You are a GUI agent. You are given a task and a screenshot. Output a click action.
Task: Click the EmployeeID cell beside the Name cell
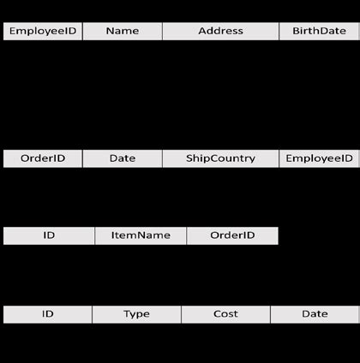pos(43,31)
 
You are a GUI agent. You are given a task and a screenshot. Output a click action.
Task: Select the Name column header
pos(123,31)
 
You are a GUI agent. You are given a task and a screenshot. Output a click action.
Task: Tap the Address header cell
pos(220,31)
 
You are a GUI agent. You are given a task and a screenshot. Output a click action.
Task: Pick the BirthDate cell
pos(319,31)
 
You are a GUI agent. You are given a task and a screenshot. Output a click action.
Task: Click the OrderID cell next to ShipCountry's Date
pos(43,158)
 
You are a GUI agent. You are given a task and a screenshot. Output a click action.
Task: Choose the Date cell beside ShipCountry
pos(123,158)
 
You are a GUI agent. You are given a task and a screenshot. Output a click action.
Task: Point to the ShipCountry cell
pos(220,158)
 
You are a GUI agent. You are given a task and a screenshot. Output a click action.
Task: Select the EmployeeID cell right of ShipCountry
pos(319,158)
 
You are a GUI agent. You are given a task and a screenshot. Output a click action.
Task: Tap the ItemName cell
pos(140,235)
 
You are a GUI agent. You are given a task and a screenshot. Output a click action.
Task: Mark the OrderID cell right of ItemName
pos(232,235)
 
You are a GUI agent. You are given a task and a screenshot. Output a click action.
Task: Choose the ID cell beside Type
pos(48,314)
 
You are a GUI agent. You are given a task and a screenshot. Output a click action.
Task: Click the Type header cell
pos(136,314)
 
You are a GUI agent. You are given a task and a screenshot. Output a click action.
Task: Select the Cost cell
pos(225,314)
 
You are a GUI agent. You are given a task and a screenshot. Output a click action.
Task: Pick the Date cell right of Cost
pos(315,314)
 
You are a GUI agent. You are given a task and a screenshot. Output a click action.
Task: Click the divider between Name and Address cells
pos(162,31)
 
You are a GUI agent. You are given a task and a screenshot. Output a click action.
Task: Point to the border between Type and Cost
pos(181,314)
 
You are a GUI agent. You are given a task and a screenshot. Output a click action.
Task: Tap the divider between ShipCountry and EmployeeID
pos(279,158)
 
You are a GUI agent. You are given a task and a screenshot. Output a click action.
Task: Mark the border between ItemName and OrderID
pos(186,235)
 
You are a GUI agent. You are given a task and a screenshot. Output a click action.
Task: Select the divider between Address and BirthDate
pos(279,31)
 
